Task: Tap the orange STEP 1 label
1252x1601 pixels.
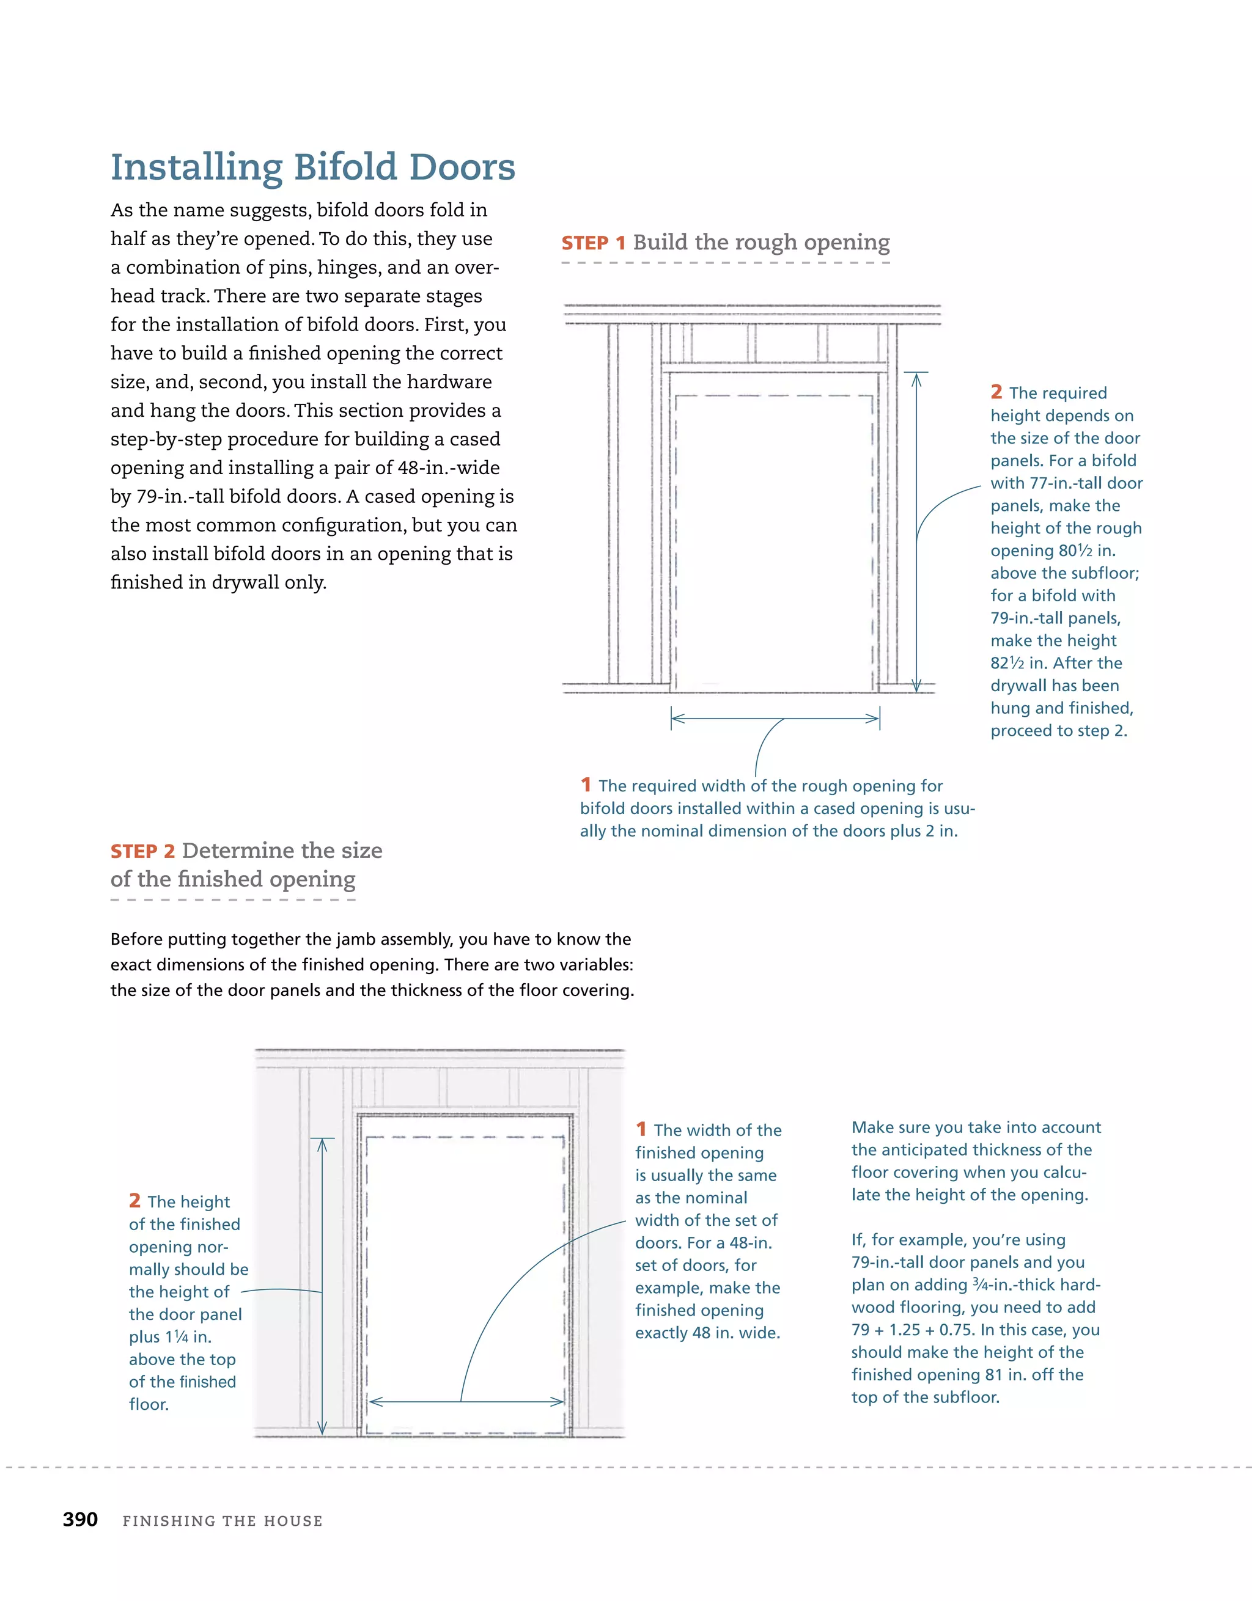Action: pos(592,243)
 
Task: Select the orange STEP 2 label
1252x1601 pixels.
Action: pos(142,851)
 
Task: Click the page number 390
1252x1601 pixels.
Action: pos(80,1519)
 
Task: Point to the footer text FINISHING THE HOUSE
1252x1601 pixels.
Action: pos(223,1521)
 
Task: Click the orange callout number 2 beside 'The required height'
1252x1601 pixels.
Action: pos(995,392)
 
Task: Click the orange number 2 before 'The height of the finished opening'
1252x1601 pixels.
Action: pos(134,1201)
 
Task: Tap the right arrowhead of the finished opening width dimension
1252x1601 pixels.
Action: pos(559,1402)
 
